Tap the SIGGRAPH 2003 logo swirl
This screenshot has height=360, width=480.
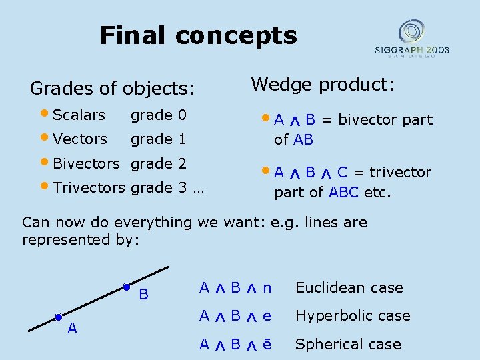tap(411, 31)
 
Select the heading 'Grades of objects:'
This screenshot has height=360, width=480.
tap(113, 88)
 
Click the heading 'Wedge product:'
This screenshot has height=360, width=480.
tap(323, 85)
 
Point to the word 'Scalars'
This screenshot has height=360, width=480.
tap(79, 115)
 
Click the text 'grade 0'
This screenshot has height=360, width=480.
tap(158, 115)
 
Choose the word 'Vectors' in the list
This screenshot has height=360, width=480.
tap(80, 139)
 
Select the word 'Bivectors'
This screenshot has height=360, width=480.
tap(86, 163)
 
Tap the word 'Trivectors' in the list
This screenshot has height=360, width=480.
tap(89, 187)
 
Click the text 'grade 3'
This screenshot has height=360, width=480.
tap(158, 187)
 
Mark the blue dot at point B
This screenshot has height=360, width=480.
tap(127, 287)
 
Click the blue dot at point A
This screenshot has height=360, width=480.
tap(59, 317)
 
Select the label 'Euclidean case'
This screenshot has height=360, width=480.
tap(349, 288)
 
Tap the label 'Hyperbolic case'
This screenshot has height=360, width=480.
tap(353, 316)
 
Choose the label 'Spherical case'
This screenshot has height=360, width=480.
tap(348, 345)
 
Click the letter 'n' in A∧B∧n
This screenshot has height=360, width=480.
tap(267, 288)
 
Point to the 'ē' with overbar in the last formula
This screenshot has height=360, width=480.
tap(267, 344)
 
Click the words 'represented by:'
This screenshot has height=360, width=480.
tap(81, 240)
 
